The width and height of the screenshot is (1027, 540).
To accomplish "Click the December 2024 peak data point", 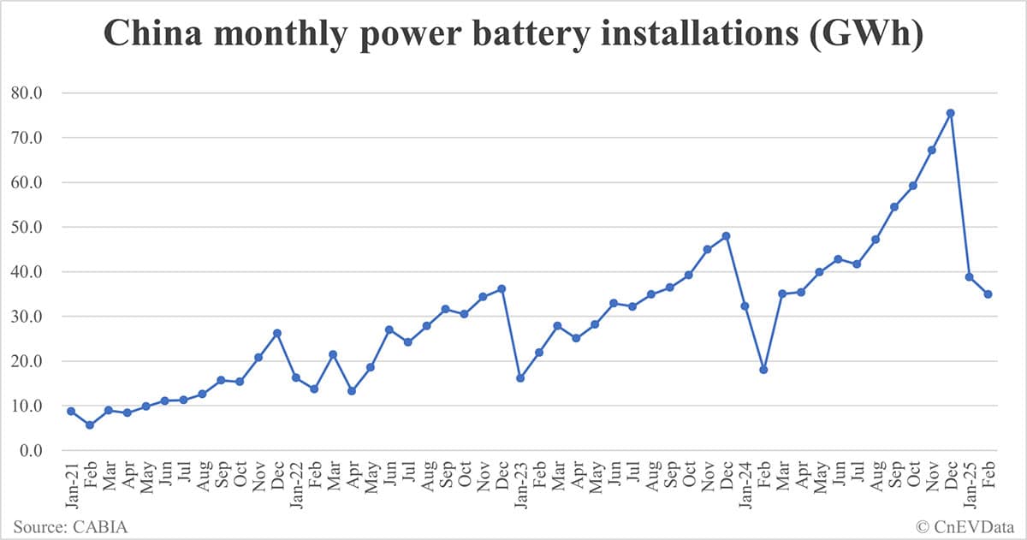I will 950,113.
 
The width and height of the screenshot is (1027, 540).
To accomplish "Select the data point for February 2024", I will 763,370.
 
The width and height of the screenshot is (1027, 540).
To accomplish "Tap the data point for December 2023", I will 726,236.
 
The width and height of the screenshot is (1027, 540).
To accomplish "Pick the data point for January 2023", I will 520,377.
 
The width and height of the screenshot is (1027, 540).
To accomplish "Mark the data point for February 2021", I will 90,424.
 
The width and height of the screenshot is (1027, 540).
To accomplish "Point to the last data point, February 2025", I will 988,294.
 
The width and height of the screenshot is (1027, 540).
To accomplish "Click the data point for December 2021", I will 277,333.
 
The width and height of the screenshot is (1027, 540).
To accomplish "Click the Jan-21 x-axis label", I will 71,484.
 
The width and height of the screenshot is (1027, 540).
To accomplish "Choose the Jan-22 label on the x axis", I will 296,484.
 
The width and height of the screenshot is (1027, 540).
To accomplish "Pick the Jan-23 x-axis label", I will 520,484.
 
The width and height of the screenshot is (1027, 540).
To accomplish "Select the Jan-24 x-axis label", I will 745,484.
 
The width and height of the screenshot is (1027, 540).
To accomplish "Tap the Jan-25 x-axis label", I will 969,484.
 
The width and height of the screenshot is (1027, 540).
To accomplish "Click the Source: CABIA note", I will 70,525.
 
